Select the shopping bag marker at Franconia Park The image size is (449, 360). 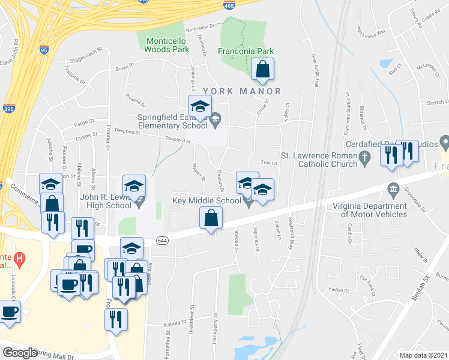pos(262,70)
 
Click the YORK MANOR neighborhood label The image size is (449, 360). pos(242,91)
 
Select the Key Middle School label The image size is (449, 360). pos(206,201)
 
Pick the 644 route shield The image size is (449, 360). pos(163,240)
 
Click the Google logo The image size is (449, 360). pos(20,353)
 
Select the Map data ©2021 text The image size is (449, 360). pos(424,355)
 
